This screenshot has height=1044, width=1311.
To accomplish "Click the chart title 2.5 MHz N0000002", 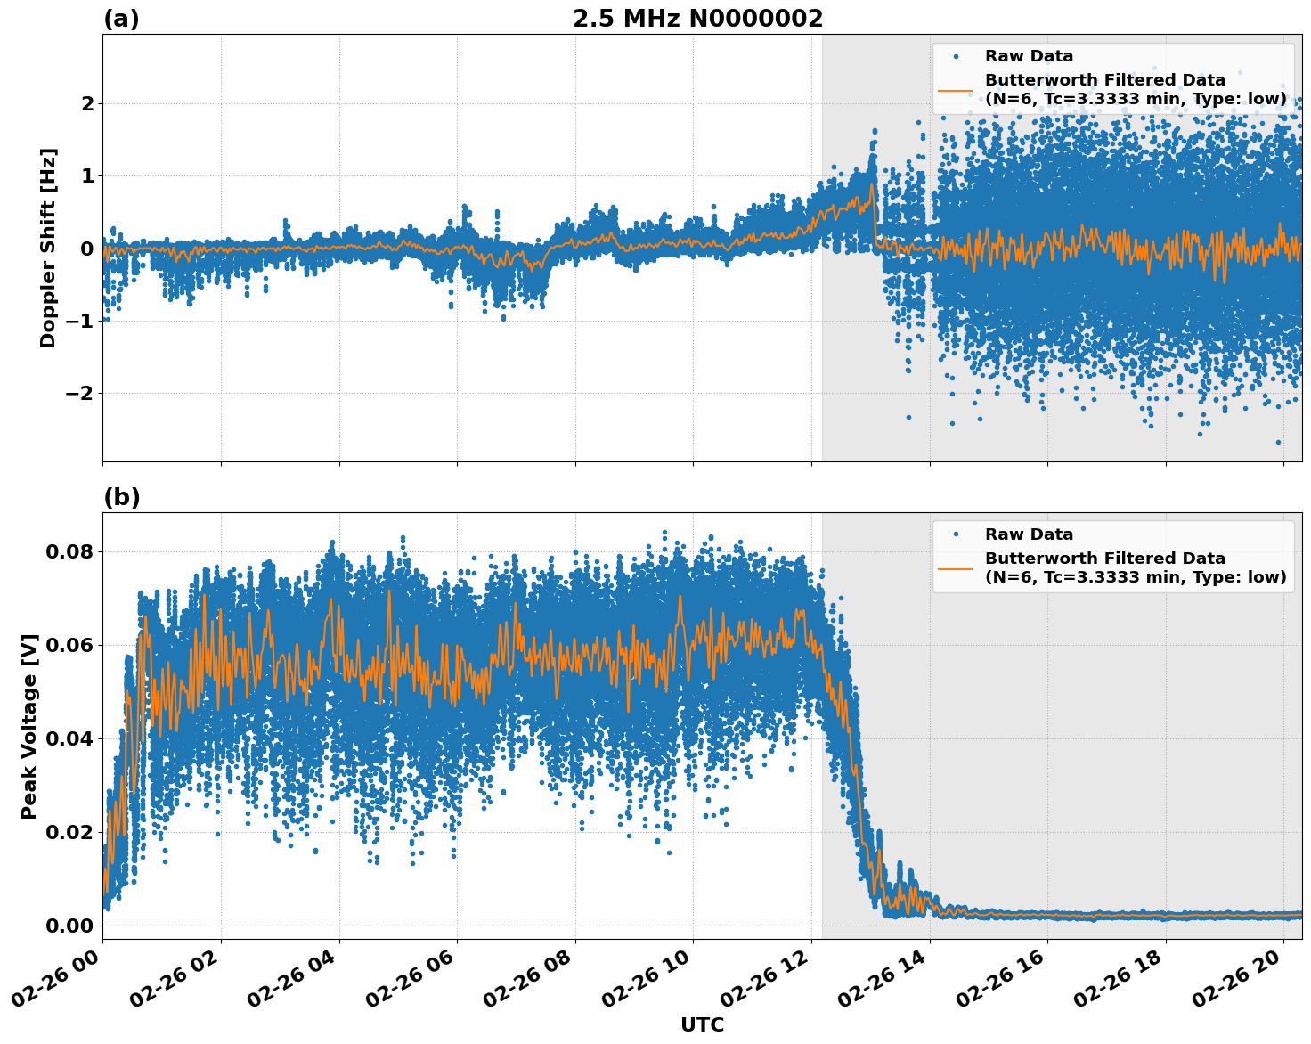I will pos(697,19).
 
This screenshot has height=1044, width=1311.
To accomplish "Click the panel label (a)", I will pos(121,19).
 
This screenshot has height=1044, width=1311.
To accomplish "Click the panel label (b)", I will pos(121,497).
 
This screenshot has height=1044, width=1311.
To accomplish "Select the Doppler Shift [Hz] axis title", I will pos(48,248).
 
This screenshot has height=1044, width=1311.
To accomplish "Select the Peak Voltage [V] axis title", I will pos(29,726).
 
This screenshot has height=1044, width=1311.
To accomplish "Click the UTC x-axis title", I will pos(702,1025).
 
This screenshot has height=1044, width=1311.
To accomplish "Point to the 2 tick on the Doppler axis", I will pos(87,104).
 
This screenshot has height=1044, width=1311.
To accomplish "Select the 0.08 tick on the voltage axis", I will pos(69,551).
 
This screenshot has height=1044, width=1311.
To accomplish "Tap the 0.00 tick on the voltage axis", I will pos(69,926).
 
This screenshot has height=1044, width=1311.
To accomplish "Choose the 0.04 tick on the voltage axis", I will pos(69,738).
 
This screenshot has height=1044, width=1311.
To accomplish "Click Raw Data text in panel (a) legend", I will pos(1029,56).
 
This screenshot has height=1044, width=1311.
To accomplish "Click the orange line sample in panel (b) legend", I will pos(956,567).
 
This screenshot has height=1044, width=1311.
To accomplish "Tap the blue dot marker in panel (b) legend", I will pos(956,534).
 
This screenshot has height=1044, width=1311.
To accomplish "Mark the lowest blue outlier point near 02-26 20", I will pos(1278,442).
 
